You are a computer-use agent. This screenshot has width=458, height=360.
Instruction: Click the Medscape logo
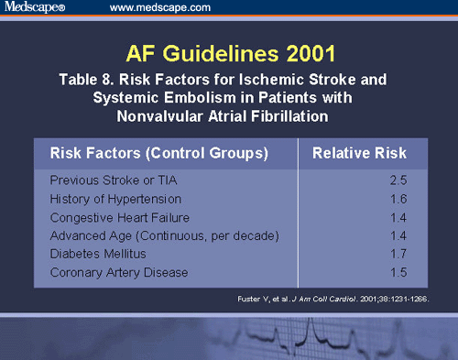pos(36,8)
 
